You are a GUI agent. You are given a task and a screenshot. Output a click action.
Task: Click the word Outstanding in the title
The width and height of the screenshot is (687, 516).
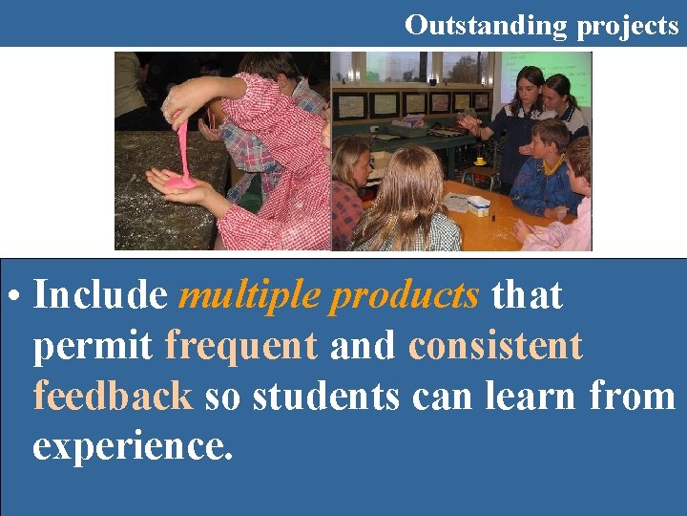(487, 24)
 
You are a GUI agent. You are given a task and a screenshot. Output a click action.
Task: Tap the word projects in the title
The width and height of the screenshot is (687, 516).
(627, 26)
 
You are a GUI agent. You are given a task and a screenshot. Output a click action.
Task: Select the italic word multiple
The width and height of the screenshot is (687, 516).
(248, 297)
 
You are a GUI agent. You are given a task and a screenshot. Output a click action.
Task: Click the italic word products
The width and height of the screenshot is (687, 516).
(405, 297)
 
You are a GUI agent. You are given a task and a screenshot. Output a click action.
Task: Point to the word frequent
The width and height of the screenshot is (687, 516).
(241, 346)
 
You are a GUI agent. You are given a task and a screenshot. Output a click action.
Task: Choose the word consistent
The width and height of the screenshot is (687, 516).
(495, 345)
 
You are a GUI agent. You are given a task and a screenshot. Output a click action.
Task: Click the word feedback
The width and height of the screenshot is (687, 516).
(114, 395)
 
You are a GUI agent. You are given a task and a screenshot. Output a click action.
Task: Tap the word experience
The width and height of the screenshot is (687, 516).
(133, 444)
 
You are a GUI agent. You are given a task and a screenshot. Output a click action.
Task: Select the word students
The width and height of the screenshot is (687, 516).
(326, 396)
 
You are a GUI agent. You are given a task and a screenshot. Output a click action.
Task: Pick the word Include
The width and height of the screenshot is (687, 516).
(100, 296)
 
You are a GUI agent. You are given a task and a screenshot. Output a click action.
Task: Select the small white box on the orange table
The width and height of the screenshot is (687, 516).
(479, 204)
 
